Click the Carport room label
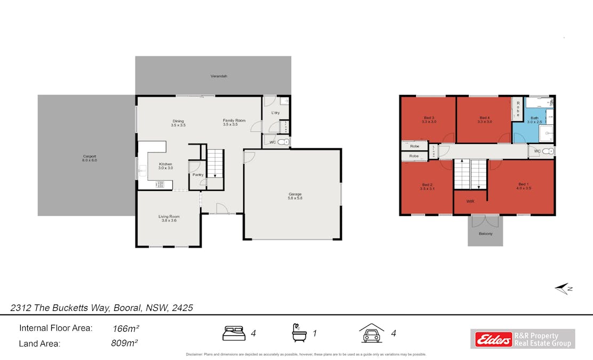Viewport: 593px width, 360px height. click(89, 158)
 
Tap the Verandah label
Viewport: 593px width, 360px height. click(219, 76)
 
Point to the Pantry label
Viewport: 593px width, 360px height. click(198, 174)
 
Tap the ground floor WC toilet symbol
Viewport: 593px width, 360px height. click(285, 142)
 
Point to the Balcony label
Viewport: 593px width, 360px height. click(485, 234)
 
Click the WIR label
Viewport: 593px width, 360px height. click(470, 202)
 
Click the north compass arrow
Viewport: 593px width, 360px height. click(563, 289)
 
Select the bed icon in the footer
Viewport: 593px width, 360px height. click(234, 333)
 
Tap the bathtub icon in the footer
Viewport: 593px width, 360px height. click(299, 333)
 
